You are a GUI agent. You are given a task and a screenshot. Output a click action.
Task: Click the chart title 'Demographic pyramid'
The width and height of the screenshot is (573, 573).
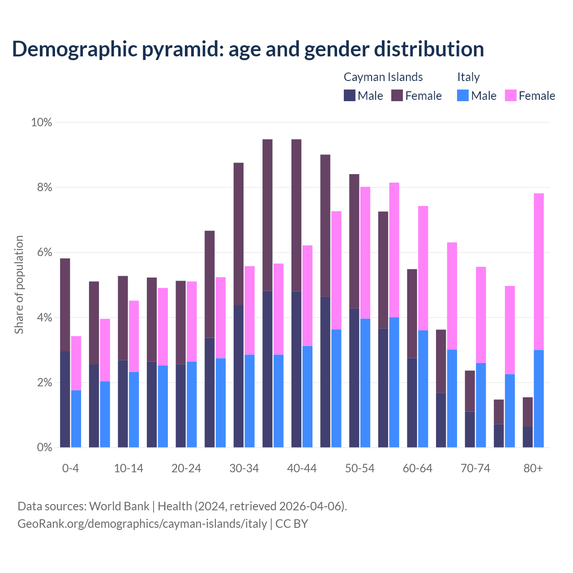pyautogui.click(x=248, y=49)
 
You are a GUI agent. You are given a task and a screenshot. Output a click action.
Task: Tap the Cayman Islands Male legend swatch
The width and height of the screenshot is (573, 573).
pyautogui.click(x=350, y=95)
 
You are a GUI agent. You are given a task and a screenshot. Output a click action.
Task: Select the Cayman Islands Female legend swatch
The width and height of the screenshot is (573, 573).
pyautogui.click(x=397, y=95)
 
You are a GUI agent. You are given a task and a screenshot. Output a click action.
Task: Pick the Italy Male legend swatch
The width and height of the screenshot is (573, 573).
pyautogui.click(x=463, y=95)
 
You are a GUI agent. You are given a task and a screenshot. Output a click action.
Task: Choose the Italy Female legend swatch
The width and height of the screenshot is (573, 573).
pyautogui.click(x=511, y=95)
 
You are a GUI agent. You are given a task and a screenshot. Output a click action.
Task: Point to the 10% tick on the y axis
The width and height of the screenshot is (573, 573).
pyautogui.click(x=41, y=122)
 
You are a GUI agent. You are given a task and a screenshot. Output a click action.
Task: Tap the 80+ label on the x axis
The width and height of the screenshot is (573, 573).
pyautogui.click(x=533, y=469)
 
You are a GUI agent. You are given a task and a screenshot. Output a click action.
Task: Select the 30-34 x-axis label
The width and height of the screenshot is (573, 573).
pyautogui.click(x=244, y=469)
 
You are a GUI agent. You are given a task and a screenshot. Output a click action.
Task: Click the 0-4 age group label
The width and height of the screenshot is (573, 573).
pyautogui.click(x=70, y=469)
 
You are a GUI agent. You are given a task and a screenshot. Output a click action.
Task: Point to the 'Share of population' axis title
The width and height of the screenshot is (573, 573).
pyautogui.click(x=19, y=285)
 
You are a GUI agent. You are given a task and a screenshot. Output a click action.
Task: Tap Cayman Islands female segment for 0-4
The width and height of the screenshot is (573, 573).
pyautogui.click(x=65, y=305)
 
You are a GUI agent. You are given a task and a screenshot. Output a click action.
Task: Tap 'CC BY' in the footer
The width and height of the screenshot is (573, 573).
pyautogui.click(x=292, y=524)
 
